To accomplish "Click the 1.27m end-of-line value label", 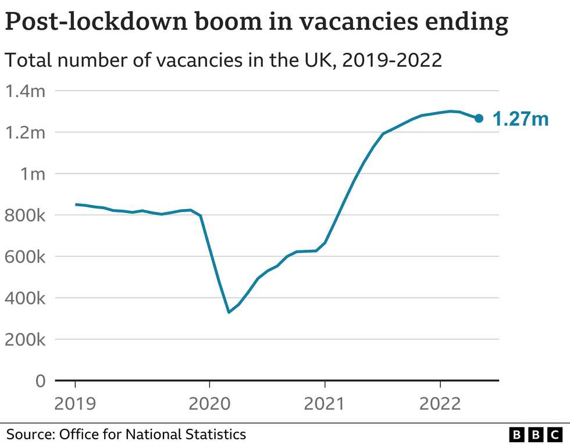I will [x=521, y=119].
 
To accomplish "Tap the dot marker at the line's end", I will [x=479, y=119].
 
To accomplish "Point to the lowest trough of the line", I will [x=229, y=312].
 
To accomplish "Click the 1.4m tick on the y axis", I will [x=25, y=91].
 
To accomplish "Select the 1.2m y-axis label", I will [x=25, y=132].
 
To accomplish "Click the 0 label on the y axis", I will [x=40, y=381].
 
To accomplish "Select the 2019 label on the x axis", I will [x=75, y=403].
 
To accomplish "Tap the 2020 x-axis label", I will [x=209, y=403].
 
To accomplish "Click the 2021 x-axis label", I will [x=325, y=403].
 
